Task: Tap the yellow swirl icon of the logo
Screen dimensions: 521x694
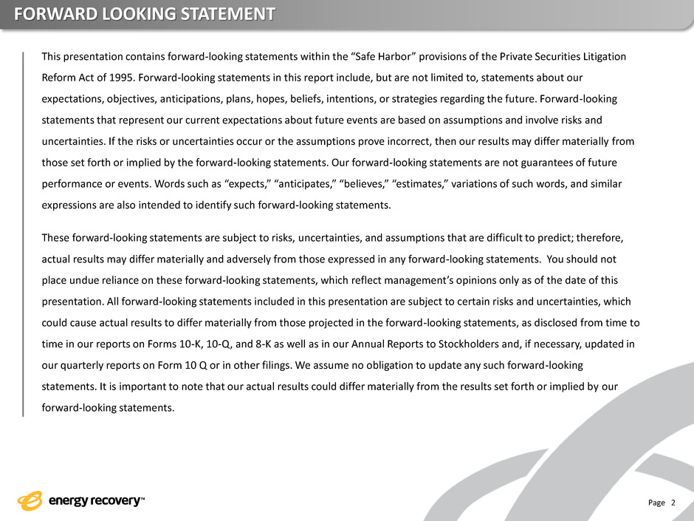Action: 31,501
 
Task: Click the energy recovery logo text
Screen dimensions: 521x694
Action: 95,502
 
